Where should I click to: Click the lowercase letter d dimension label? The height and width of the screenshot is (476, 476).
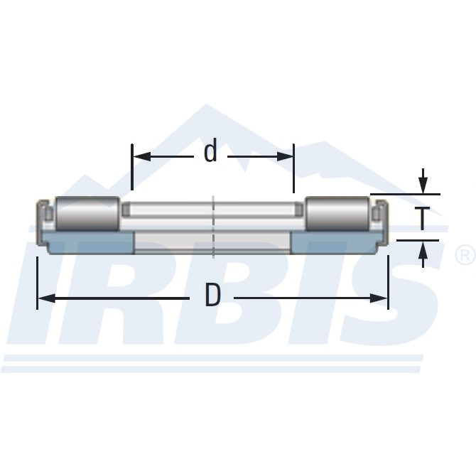point(210,151)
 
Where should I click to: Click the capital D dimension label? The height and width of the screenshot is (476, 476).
point(212,296)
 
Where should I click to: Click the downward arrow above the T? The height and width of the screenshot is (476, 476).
point(423,185)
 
